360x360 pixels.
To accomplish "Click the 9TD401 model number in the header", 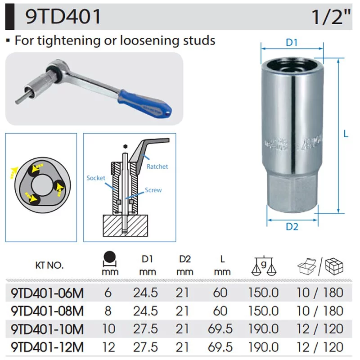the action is click(63, 17).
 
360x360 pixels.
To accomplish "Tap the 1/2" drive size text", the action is click(331, 17).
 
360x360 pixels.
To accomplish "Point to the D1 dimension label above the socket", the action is click(292, 42).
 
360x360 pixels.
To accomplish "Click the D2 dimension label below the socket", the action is click(292, 227).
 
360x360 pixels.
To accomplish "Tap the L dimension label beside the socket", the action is click(346, 134).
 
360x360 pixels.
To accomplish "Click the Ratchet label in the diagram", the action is click(157, 166).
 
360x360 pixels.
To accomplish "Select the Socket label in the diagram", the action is click(96, 178).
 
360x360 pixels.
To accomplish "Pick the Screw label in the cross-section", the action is click(153, 190).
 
